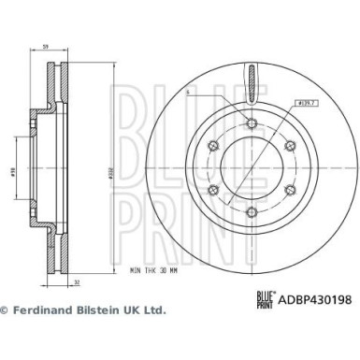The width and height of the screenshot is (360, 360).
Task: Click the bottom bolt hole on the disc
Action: point(252,211)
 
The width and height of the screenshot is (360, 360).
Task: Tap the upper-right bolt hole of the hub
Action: point(291,144)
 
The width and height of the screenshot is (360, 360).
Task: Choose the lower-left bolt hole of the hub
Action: point(212,189)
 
